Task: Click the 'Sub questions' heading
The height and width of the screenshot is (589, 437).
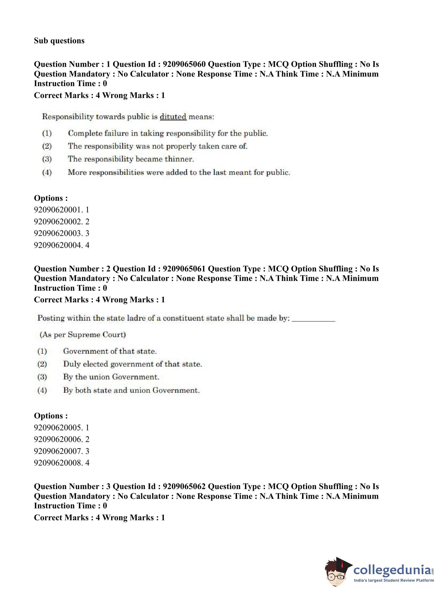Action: [59, 41]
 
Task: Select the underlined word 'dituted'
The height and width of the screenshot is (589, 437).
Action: [173, 117]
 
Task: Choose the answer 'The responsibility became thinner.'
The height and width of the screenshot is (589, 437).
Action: [131, 159]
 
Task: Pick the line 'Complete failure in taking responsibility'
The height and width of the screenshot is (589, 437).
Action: [168, 133]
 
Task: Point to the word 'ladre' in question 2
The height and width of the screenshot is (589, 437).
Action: [136, 318]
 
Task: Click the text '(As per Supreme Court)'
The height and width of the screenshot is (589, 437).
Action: [83, 335]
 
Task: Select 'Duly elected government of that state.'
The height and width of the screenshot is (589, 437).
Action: [132, 364]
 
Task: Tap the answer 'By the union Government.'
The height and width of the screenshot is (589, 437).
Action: [111, 377]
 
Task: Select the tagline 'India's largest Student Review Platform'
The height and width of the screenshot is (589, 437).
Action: [394, 580]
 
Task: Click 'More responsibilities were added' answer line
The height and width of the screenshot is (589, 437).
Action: [179, 172]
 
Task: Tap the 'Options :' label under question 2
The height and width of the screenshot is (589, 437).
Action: [51, 416]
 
